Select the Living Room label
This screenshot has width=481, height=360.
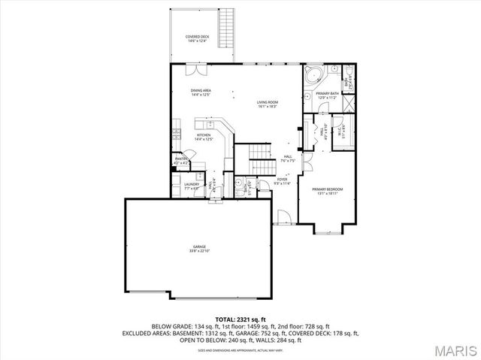click(x=268, y=104)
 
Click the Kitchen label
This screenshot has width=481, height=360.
click(x=204, y=137)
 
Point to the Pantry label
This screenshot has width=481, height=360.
click(x=181, y=160)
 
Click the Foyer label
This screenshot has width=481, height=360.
click(x=282, y=181)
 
